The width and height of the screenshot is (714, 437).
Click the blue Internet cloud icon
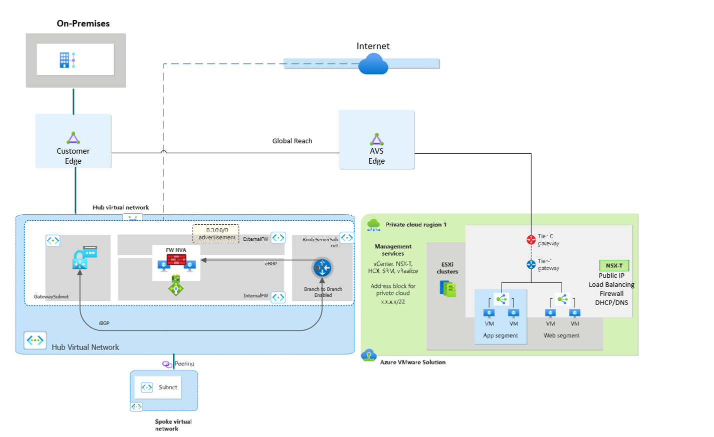click(x=373, y=64)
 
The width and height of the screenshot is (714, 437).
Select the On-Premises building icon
click(x=67, y=60)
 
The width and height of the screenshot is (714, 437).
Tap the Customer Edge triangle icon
click(x=73, y=138)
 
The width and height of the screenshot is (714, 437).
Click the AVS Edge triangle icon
click(x=376, y=139)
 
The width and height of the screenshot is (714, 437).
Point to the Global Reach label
click(x=292, y=141)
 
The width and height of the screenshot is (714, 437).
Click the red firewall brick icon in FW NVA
click(x=176, y=260)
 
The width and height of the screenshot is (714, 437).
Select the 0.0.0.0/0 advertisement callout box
click(x=216, y=234)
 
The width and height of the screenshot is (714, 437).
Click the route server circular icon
click(x=322, y=268)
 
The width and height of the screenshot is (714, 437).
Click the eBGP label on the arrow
click(x=270, y=264)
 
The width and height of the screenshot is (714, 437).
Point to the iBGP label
click(x=104, y=324)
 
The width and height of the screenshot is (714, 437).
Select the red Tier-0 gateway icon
click(x=531, y=240)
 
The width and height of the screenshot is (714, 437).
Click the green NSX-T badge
click(x=614, y=266)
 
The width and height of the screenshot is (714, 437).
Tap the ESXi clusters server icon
click(x=448, y=289)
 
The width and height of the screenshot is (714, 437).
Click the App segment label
click(x=500, y=336)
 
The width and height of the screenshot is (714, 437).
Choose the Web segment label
click(x=561, y=336)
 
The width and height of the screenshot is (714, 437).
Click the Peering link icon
click(x=167, y=364)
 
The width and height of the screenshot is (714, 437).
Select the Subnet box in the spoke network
click(x=158, y=388)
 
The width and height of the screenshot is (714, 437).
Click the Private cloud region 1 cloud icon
click(x=373, y=225)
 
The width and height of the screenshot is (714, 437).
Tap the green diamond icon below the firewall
click(x=175, y=288)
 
